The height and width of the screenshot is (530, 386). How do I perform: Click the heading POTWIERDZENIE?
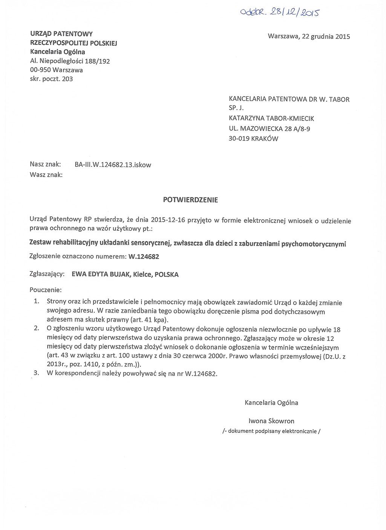(190, 200)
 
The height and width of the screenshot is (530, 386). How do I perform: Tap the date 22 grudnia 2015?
(326, 37)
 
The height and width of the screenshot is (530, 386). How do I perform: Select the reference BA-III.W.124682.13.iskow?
(113, 165)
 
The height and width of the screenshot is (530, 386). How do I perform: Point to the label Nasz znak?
(45, 164)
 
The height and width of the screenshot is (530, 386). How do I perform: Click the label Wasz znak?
(46, 175)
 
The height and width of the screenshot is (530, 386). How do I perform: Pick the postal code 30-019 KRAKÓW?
(253, 139)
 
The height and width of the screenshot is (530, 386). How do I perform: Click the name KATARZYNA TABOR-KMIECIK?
(271, 119)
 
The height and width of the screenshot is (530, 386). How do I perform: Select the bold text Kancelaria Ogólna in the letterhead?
(57, 52)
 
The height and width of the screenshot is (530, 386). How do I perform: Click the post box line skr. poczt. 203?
(51, 79)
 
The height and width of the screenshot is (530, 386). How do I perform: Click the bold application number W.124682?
(144, 257)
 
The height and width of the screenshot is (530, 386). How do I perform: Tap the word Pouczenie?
(45, 290)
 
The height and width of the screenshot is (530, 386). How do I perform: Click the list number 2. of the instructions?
(37, 328)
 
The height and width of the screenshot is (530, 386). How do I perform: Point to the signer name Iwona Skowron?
(271, 421)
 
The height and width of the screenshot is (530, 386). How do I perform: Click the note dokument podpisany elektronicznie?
(271, 431)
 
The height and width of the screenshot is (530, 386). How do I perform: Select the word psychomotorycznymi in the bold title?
(314, 244)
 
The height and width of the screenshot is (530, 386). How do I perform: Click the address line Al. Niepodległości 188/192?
(70, 61)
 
